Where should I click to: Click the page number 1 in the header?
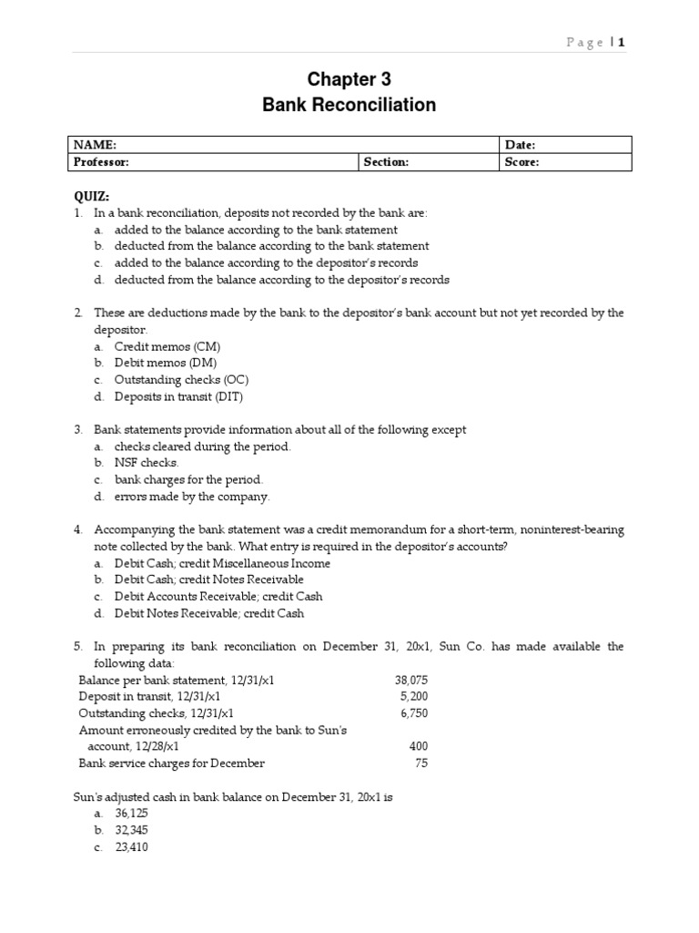pos(623,43)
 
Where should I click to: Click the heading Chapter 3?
pos(349,79)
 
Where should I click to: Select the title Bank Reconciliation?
pos(349,105)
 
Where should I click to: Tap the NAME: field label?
pos(96,145)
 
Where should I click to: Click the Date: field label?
pos(520,145)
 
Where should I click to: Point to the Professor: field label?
pos(102,162)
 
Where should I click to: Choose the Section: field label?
pos(386,162)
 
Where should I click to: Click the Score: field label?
pos(522,162)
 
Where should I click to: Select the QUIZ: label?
pos(91,197)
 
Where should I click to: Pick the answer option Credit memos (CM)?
pos(167,347)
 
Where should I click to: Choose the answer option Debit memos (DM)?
pos(166,364)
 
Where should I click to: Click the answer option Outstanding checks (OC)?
pos(181,380)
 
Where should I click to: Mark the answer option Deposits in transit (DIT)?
pos(178,396)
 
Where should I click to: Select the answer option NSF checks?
pos(147,463)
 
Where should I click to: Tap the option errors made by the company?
pos(192,497)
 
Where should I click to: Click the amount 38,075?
pos(411,681)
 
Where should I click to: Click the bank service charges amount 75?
pos(420,764)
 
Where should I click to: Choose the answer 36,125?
pos(132,814)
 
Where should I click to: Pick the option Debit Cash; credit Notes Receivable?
pos(209,579)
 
